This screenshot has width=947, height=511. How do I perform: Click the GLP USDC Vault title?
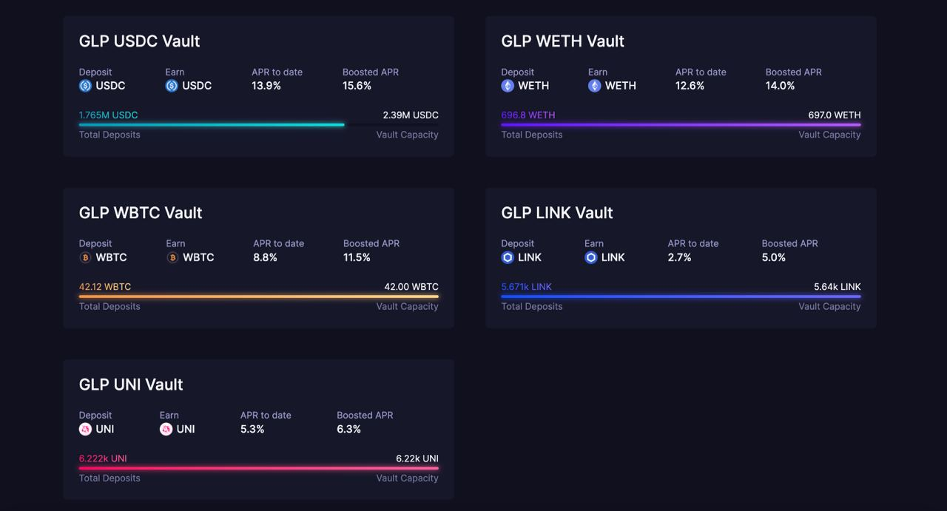point(139,41)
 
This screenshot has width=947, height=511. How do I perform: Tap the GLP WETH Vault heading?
point(562,41)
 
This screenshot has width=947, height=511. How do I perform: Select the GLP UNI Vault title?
point(131,385)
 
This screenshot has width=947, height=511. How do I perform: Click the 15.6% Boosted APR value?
point(357,86)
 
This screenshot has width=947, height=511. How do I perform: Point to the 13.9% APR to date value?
point(266,86)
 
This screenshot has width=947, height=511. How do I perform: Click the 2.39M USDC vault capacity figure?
point(411,115)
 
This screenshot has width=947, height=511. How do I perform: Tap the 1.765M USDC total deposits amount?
point(108,115)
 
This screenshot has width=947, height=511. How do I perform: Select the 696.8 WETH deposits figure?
point(528,115)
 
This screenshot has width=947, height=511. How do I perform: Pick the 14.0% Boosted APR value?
point(780,86)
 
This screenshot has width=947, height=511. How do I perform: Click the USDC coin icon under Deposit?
point(85,86)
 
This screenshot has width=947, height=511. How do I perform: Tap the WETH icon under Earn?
point(594,86)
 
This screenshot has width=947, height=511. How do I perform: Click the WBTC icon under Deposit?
point(85,257)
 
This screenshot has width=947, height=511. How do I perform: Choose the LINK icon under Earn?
point(591,257)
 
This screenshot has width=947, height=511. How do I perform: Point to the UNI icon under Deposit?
point(85,429)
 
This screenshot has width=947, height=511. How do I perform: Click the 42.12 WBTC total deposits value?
point(105,287)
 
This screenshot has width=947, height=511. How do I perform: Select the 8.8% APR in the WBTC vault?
point(265,257)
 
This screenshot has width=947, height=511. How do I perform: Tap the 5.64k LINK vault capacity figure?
point(837,287)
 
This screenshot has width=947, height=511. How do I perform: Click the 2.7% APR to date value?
point(679,257)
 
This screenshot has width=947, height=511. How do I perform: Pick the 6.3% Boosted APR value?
point(348,429)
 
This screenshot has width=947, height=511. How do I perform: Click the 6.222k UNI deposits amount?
point(103,458)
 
